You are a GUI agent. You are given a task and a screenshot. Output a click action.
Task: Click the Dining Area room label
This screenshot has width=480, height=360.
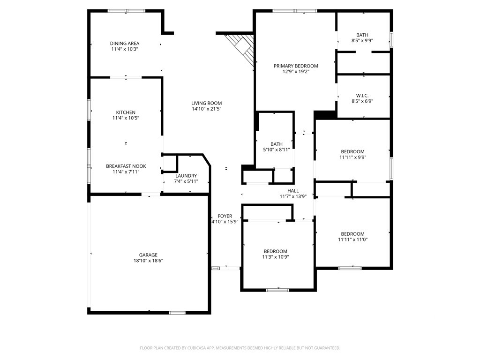(x=125, y=44)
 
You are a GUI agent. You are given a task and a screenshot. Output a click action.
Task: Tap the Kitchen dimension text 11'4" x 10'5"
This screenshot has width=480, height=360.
(x=126, y=118)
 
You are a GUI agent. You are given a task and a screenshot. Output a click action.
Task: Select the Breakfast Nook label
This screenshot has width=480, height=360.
(x=126, y=166)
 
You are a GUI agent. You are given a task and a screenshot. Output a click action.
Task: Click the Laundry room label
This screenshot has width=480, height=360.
(x=186, y=176)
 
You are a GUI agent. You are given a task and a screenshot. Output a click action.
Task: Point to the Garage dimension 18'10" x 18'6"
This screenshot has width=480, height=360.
(x=148, y=261)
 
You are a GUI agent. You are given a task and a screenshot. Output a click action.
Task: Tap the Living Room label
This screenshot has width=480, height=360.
(x=207, y=103)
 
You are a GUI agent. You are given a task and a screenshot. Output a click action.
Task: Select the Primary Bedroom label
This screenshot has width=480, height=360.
(x=296, y=66)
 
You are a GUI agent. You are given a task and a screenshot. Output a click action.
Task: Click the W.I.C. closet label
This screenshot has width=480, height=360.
(x=362, y=96)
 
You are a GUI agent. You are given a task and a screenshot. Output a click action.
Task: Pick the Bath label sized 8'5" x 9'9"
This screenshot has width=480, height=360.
(x=362, y=35)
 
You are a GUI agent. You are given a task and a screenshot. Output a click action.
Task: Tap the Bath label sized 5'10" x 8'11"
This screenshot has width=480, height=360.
(x=277, y=144)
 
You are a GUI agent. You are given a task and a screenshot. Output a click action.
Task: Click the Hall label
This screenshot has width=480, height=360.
(x=293, y=191)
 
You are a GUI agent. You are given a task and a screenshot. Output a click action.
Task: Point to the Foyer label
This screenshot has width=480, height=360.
(x=225, y=216)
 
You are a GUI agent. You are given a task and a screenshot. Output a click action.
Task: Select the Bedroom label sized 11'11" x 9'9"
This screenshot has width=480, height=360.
(x=352, y=151)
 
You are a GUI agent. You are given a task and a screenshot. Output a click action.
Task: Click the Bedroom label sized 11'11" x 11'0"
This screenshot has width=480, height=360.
(x=352, y=234)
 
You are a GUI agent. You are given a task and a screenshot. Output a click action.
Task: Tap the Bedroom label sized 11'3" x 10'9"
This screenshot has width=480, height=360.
(x=276, y=251)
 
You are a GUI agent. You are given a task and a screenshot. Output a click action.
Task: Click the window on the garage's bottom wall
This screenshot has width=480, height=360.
(x=177, y=313)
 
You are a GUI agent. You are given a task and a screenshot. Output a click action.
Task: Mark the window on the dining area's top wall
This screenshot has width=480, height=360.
(x=127, y=11)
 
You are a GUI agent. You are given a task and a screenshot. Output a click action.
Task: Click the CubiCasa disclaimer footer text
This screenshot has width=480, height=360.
(x=240, y=348)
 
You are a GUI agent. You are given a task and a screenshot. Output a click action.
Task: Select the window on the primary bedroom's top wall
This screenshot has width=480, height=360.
(x=295, y=11)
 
